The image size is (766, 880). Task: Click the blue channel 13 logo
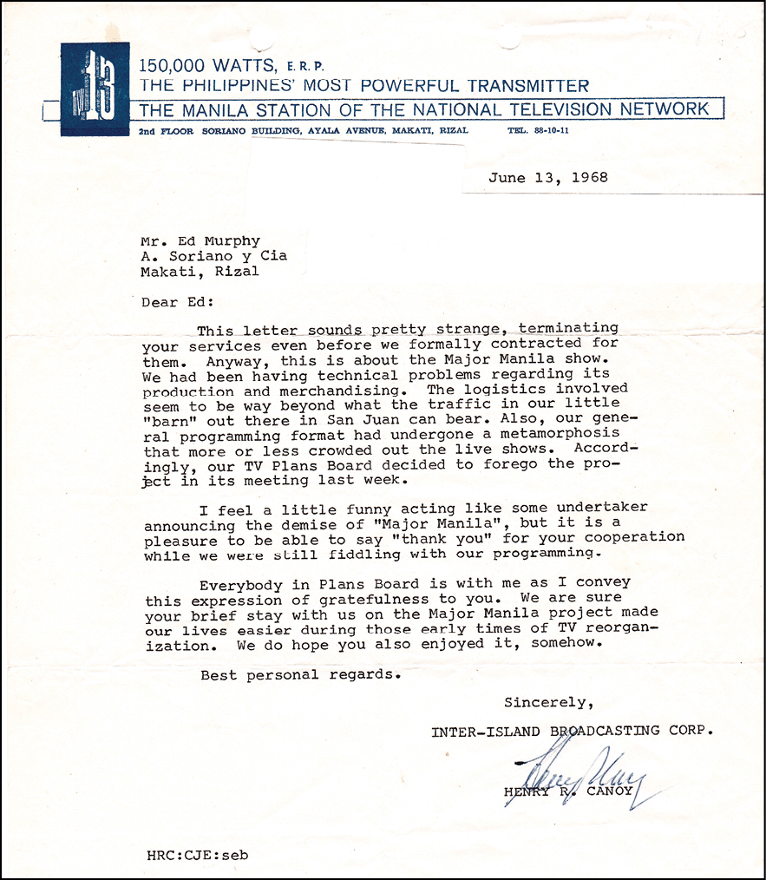coord(95,89)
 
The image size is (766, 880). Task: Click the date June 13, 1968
coord(547,178)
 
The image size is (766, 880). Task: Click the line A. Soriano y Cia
coord(213,256)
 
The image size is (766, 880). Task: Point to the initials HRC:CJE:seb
coord(198,854)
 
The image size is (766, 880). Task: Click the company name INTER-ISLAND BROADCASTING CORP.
coord(573,731)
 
